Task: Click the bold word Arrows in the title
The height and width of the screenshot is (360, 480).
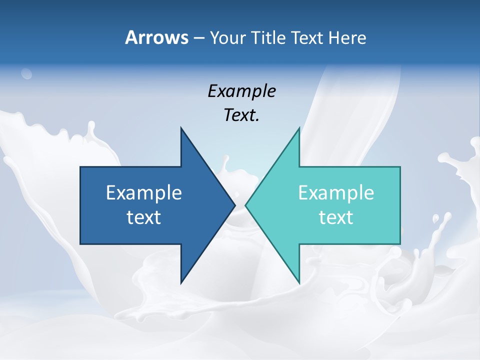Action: click(x=156, y=37)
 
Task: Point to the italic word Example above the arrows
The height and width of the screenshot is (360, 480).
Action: click(x=241, y=91)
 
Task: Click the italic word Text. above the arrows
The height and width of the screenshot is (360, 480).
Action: click(x=241, y=115)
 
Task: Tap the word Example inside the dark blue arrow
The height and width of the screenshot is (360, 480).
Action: click(x=144, y=192)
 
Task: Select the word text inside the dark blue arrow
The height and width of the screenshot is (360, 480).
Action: click(x=144, y=217)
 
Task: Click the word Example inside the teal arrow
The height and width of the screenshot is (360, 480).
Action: click(x=336, y=192)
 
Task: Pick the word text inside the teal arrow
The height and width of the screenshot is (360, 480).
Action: click(x=336, y=217)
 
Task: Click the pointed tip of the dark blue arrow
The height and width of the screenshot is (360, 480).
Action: click(x=234, y=205)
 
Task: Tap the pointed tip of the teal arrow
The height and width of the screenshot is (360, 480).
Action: click(x=246, y=205)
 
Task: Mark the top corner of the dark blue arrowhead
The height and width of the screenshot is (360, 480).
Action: click(x=181, y=128)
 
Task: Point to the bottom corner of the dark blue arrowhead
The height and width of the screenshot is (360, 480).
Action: click(x=181, y=282)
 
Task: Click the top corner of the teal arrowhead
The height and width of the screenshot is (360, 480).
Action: click(x=299, y=128)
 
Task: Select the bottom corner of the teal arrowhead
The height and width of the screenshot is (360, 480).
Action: click(x=299, y=282)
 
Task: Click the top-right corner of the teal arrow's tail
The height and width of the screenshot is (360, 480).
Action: click(x=400, y=167)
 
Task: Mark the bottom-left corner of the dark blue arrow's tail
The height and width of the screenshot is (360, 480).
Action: click(x=80, y=244)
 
